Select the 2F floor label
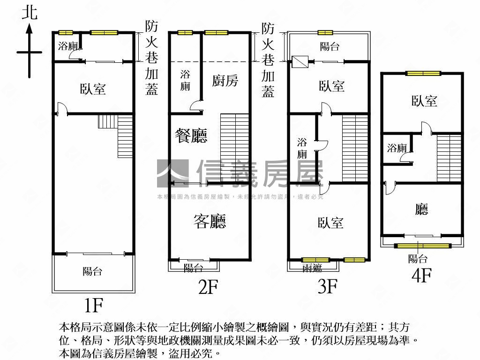208,287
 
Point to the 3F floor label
327,286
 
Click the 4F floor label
420,276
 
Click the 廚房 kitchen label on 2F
225,81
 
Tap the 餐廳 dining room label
191,136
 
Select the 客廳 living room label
210,221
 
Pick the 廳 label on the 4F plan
421,210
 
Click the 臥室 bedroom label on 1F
93,89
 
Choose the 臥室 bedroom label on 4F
424,101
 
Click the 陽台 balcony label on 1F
92,271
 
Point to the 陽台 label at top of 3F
330,46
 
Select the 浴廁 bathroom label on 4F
397,149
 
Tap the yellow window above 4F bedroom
423,73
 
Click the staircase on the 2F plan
234,148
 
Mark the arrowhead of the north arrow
30,28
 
